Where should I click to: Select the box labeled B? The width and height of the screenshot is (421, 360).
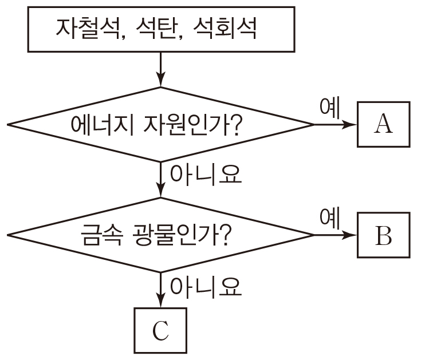pyautogui.click(x=383, y=235)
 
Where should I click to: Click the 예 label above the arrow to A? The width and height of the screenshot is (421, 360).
pyautogui.click(x=330, y=108)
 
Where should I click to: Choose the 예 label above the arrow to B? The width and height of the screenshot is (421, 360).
pyautogui.click(x=330, y=218)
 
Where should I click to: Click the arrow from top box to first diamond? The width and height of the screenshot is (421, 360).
pyautogui.click(x=161, y=69)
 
